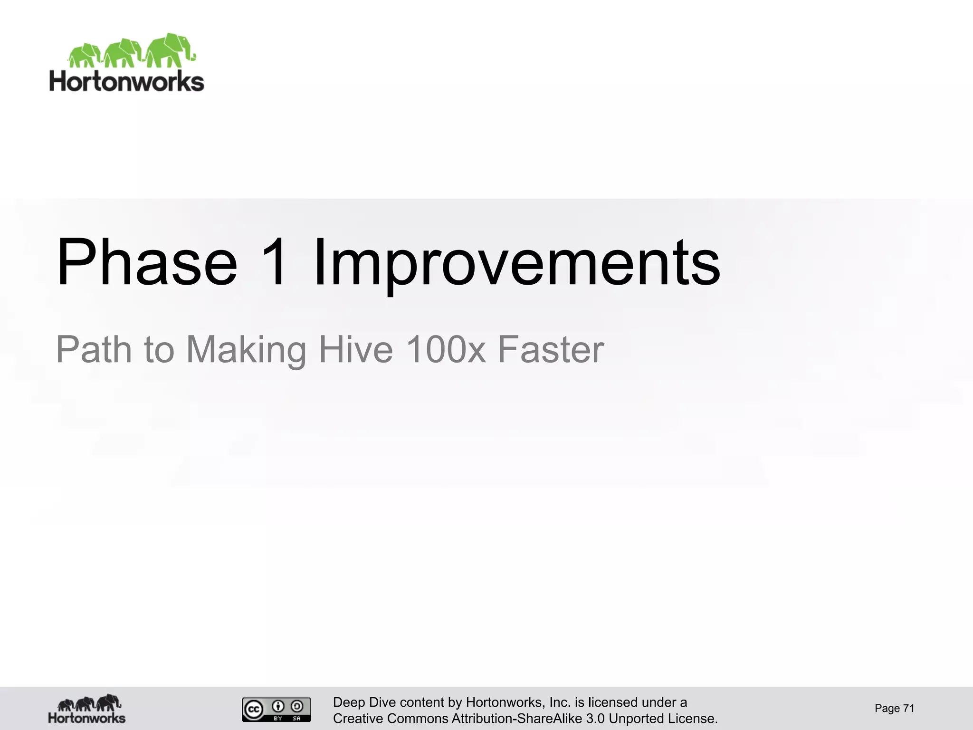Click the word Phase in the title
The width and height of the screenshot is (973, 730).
146,262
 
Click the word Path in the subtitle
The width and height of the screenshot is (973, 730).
94,349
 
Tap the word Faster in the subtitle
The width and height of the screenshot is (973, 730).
551,349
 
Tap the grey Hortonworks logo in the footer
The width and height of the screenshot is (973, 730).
87,709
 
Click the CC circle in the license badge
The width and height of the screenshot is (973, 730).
254,710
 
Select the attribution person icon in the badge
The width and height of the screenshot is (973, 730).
278,706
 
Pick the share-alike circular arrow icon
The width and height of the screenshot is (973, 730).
297,706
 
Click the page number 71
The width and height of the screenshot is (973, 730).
908,709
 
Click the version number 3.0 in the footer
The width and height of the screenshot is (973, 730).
595,719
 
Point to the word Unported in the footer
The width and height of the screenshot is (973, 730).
636,719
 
